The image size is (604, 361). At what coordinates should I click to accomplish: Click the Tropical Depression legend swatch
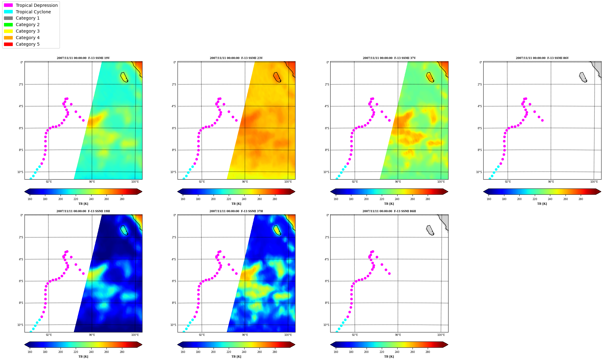tap(8, 5)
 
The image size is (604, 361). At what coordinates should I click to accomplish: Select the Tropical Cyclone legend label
tap(33, 12)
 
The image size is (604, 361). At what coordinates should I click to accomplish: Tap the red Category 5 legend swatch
tap(8, 44)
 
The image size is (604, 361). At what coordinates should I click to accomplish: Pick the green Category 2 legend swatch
tap(8, 25)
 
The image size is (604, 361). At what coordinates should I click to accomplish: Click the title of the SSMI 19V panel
tap(83, 58)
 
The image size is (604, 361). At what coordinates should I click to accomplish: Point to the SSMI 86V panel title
tap(542, 58)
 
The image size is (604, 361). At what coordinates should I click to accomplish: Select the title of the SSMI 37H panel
tap(236, 211)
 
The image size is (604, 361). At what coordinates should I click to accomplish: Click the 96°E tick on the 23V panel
tap(245, 182)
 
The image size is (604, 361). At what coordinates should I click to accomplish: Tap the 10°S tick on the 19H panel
tap(20, 325)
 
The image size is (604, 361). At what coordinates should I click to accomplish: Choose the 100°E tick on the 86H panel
tap(441, 335)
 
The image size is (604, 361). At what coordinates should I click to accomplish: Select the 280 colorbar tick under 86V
tap(581, 199)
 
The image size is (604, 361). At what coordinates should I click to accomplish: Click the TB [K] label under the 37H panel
tap(236, 357)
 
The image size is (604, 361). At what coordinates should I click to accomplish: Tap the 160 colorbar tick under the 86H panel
tap(336, 352)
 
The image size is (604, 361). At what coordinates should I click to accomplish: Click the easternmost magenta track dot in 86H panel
tap(389, 274)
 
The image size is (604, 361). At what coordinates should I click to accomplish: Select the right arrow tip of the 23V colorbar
tap(295, 192)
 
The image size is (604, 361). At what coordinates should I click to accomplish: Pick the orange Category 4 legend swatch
tap(8, 38)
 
